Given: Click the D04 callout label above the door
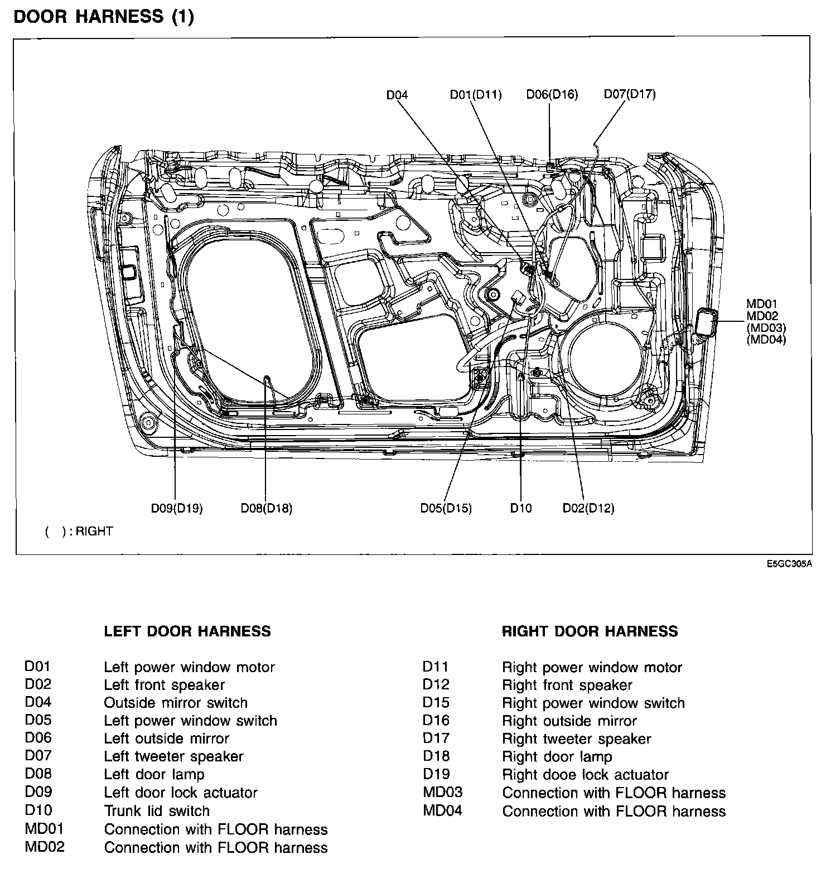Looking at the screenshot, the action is (397, 95).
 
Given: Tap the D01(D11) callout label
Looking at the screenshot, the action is (476, 95).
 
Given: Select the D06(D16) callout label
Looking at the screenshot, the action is (552, 94).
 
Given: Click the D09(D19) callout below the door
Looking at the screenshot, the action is (177, 508).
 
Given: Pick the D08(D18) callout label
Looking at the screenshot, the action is (266, 508).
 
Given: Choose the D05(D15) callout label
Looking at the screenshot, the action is (446, 508).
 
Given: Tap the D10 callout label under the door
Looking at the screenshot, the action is (521, 508).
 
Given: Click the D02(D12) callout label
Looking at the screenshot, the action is (588, 508).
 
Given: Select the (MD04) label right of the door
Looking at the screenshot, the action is (766, 339).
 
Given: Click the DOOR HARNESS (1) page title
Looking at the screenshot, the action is (103, 17).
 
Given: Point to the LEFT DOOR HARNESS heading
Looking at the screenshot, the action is (187, 631).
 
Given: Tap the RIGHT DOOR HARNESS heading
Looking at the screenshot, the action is (590, 631).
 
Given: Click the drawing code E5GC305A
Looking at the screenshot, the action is (789, 564).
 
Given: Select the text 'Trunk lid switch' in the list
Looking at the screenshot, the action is (157, 810).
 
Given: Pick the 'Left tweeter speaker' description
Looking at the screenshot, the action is (173, 756).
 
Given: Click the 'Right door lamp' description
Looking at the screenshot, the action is (557, 756).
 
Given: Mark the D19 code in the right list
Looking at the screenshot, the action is (436, 774).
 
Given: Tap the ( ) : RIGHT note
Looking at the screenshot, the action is (79, 531).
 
